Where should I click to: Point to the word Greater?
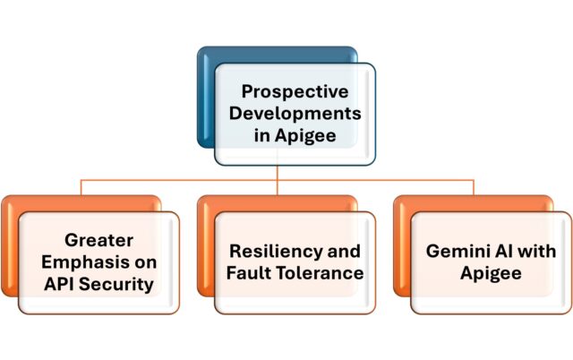point(98,240)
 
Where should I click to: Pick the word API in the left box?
point(59,285)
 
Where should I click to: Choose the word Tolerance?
point(321,273)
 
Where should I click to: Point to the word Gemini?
point(453,251)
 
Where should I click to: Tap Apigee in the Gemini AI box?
point(492,273)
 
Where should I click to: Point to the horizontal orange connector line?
point(179,180)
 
